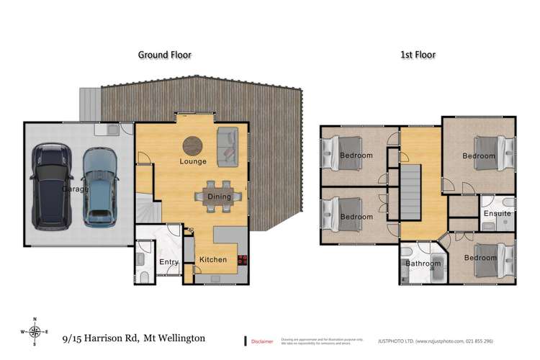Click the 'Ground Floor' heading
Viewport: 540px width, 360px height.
[164, 54]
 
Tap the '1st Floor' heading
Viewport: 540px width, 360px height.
[419, 54]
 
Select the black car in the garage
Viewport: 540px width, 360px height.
[51, 185]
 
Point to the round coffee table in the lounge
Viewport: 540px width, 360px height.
[192, 145]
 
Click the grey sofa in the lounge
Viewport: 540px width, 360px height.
[229, 143]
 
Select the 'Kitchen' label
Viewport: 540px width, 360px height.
[212, 260]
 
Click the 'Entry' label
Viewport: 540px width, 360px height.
[169, 262]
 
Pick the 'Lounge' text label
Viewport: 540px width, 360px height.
[194, 162]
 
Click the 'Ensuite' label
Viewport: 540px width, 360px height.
[497, 214]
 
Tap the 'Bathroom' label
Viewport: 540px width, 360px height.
[422, 264]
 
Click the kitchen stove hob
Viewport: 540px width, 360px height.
[241, 263]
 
